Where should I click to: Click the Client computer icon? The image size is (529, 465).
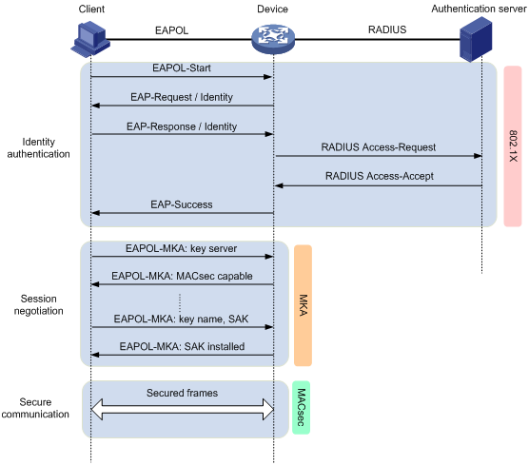tap(90, 39)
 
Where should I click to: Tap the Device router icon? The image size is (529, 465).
tap(273, 39)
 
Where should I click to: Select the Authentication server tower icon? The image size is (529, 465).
tap(476, 39)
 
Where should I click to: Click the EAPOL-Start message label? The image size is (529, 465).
tap(182, 68)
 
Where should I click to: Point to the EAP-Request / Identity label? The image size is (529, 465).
tap(182, 97)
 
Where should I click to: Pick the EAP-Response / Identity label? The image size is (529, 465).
tap(182, 126)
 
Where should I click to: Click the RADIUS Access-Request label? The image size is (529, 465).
tap(378, 147)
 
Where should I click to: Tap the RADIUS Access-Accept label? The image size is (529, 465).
tap(380, 176)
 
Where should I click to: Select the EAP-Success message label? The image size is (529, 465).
tap(182, 204)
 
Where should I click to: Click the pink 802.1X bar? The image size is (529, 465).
tap(513, 146)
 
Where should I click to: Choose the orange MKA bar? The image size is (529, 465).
tap(303, 305)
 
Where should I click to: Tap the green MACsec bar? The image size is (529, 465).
tap(301, 407)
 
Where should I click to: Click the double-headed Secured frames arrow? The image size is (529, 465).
tap(182, 409)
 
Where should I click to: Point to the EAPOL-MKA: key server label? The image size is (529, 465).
tap(181, 248)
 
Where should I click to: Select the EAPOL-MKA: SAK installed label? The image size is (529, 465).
tap(182, 347)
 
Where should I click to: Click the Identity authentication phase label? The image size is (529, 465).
tap(38, 147)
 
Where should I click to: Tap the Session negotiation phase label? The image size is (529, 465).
tap(38, 304)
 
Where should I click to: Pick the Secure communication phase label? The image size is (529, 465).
tap(35, 408)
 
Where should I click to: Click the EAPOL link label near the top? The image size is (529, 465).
tap(171, 30)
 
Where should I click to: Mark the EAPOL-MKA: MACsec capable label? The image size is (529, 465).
tap(182, 276)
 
